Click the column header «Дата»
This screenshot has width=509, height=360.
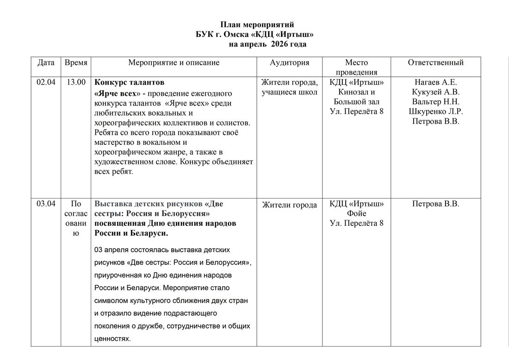[x=46, y=62]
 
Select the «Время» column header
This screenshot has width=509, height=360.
[x=76, y=62]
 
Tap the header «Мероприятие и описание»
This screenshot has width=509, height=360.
[x=174, y=62]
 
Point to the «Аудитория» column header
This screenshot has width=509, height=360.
[x=289, y=62]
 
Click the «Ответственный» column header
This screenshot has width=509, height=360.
[x=435, y=62]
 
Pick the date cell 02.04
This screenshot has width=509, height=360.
[x=46, y=82]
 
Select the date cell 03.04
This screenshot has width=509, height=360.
[x=46, y=204]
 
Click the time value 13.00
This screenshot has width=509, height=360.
[x=76, y=82]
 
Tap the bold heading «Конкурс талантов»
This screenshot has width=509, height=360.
[x=129, y=83]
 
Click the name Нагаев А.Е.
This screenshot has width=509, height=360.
[x=435, y=82]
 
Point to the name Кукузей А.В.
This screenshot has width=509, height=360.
[x=435, y=92]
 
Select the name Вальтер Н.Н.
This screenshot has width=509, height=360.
[x=435, y=102]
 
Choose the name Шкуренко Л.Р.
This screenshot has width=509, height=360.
[x=435, y=112]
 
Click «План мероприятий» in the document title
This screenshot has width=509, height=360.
[x=257, y=25]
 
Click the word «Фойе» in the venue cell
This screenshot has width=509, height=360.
[x=356, y=214]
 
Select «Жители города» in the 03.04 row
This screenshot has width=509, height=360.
[x=289, y=205]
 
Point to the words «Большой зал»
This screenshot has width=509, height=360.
[x=356, y=102]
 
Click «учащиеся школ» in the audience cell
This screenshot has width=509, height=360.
[x=289, y=92]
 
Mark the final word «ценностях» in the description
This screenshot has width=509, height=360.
[x=112, y=339]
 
